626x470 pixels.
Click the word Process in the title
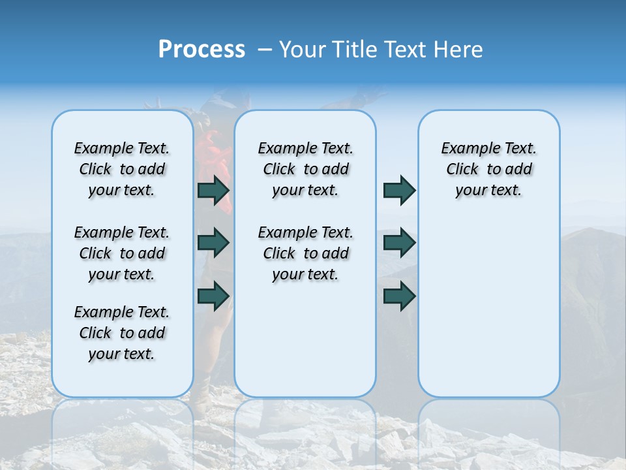click(x=201, y=50)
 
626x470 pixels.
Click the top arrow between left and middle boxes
click(x=213, y=190)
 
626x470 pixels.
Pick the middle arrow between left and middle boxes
click(x=213, y=243)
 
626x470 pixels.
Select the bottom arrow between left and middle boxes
click(x=213, y=296)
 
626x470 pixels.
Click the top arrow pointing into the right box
click(x=399, y=190)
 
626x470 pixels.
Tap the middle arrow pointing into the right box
click(x=399, y=243)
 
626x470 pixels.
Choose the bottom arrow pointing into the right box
click(x=399, y=296)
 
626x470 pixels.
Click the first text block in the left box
click(x=122, y=169)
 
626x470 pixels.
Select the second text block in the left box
click(x=122, y=253)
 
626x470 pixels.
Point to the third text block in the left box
click(x=122, y=333)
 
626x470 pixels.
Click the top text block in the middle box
click(x=305, y=169)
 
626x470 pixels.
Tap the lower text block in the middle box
click(x=305, y=253)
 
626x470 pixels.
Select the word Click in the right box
click(x=462, y=170)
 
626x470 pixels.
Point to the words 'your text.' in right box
click(x=488, y=191)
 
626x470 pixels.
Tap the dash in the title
click(x=265, y=50)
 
